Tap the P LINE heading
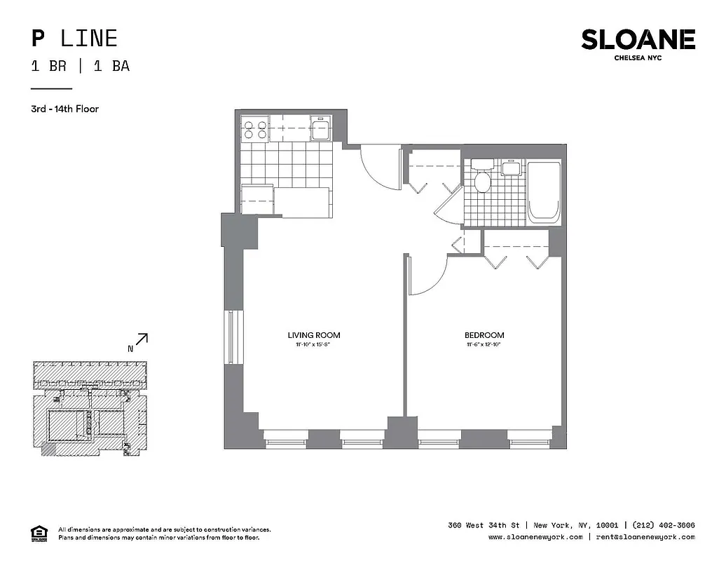click(x=74, y=38)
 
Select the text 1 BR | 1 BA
click(x=80, y=67)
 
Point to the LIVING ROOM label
click(x=314, y=335)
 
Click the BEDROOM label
click(x=484, y=335)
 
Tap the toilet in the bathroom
click(x=482, y=180)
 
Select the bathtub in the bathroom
click(x=544, y=193)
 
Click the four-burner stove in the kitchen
click(x=254, y=129)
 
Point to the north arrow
click(x=142, y=339)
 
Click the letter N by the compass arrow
click(x=130, y=349)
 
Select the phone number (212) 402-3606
click(x=664, y=525)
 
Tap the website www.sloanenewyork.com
click(x=535, y=537)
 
